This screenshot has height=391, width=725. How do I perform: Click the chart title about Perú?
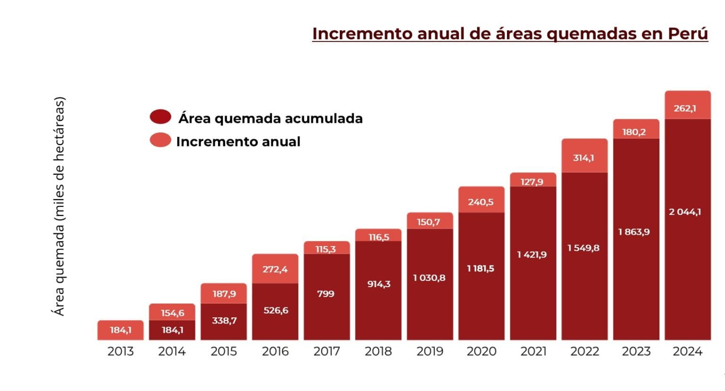[x=510, y=34]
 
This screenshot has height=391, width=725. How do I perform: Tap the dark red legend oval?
[x=160, y=117]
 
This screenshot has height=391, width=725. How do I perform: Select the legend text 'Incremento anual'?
[x=238, y=142]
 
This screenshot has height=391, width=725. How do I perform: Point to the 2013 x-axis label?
[x=120, y=351]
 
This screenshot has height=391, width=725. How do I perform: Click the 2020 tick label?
[x=481, y=351]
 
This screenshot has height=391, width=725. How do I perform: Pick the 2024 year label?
[x=687, y=351]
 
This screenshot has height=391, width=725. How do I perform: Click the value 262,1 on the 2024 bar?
[x=685, y=108]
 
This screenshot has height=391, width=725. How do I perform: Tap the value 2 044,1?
[x=685, y=212]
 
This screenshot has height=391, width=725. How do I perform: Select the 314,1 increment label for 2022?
[x=583, y=158]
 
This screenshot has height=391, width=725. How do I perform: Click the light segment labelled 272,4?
[x=275, y=269]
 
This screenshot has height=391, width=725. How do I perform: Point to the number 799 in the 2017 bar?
[x=326, y=294]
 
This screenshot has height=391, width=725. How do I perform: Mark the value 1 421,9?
[x=532, y=255]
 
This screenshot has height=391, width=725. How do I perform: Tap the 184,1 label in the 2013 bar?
[x=120, y=330]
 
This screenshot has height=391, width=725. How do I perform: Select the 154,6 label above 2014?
[x=172, y=313]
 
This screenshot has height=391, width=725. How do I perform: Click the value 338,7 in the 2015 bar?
[x=224, y=321]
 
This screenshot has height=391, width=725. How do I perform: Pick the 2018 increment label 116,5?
[x=379, y=237]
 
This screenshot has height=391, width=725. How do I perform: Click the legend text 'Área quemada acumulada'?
[x=270, y=118]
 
